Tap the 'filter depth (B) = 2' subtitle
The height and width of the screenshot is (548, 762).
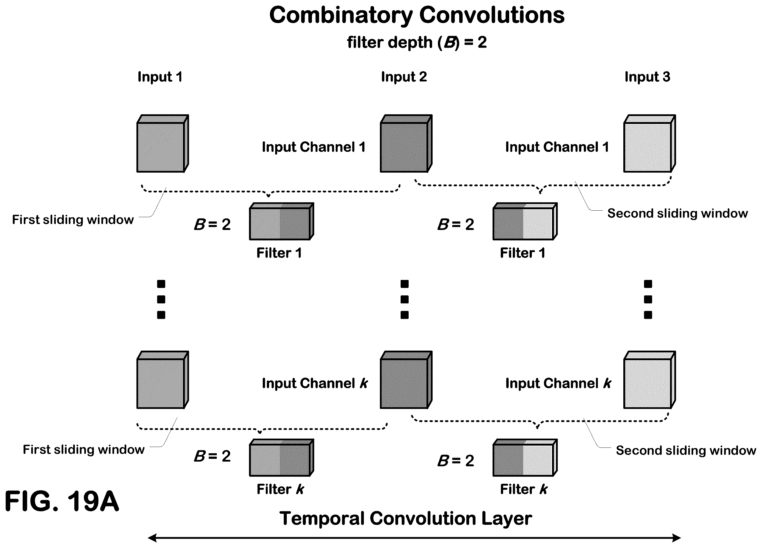[417, 42]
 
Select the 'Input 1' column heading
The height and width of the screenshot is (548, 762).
[160, 77]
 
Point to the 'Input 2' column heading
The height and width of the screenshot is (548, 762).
[404, 77]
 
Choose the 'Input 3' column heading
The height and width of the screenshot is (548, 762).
[647, 77]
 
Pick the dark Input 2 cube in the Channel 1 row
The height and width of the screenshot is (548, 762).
[406, 143]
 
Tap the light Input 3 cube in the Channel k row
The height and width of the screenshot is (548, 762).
[650, 380]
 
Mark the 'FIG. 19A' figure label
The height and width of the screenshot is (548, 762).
[62, 501]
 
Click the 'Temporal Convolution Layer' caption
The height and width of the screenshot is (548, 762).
[406, 518]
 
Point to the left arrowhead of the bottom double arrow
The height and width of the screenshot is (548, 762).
[152, 538]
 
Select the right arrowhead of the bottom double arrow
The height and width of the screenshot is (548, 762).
[677, 538]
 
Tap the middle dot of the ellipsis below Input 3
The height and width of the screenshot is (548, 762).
[648, 299]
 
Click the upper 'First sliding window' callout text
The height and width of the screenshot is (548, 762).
[73, 219]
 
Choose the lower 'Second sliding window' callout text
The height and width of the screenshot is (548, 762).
[686, 450]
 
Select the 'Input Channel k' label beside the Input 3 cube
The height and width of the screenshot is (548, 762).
[558, 383]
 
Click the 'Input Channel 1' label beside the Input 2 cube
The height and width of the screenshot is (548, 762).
[314, 147]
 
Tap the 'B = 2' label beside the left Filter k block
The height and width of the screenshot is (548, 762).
[212, 456]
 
